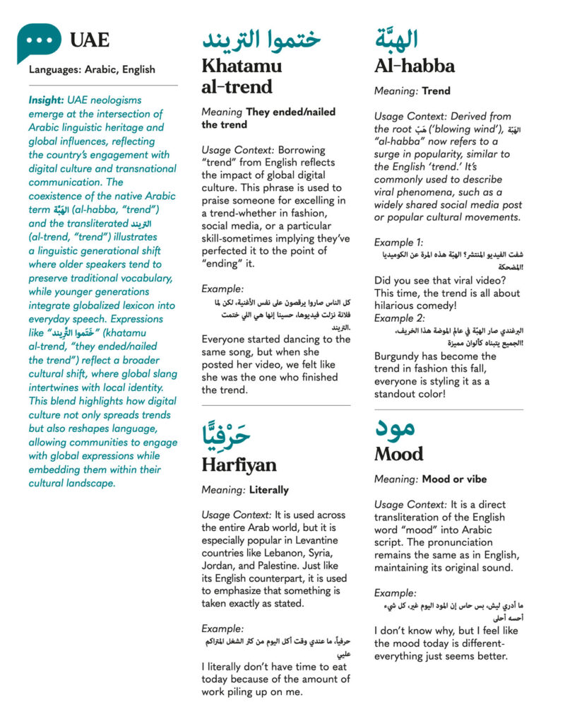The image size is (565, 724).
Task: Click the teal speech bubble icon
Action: pyautogui.click(x=39, y=40)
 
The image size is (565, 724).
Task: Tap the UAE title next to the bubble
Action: pyautogui.click(x=90, y=41)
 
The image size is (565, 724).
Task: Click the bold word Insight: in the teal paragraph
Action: pyautogui.click(x=47, y=100)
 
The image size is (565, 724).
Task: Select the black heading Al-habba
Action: pyautogui.click(x=415, y=66)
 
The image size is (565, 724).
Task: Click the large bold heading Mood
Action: pyautogui.click(x=399, y=454)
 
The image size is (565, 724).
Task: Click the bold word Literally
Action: pyautogui.click(x=269, y=489)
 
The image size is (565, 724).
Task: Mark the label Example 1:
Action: pyautogui.click(x=398, y=242)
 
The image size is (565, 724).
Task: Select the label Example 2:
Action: pyautogui.click(x=399, y=318)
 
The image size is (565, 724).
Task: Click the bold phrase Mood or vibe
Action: pyautogui.click(x=455, y=479)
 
